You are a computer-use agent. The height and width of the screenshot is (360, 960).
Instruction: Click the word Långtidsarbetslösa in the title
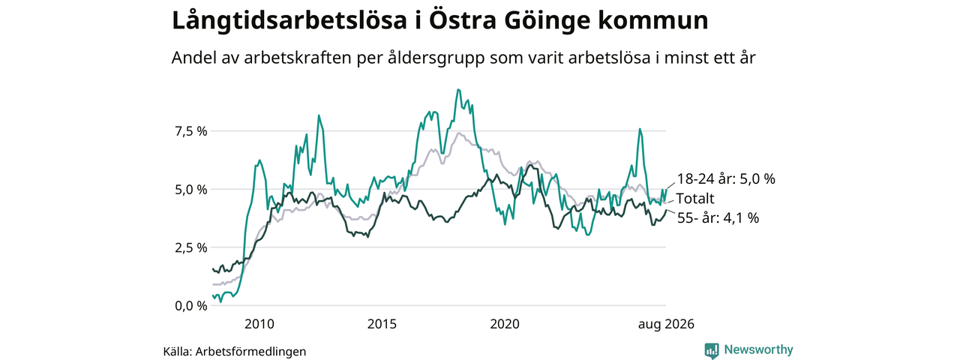(289, 21)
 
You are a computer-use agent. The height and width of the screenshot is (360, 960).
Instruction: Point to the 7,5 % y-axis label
(190, 131)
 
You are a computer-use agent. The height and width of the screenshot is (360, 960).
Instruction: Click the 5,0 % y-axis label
(190, 190)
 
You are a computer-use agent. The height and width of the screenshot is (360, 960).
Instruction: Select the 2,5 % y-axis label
(190, 247)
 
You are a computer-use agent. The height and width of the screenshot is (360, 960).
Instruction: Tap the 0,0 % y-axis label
(190, 306)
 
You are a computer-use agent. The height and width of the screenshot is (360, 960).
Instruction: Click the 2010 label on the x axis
(259, 324)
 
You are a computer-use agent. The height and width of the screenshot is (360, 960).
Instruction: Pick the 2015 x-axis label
(382, 324)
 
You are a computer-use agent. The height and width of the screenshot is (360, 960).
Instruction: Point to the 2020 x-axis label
(505, 324)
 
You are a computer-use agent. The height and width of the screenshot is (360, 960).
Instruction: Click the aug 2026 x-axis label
(666, 325)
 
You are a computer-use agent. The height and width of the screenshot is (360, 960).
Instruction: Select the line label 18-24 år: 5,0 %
(726, 179)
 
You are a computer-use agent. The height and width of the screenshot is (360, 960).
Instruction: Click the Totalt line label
(695, 199)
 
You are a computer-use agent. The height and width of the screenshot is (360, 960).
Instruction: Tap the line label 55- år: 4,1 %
(718, 218)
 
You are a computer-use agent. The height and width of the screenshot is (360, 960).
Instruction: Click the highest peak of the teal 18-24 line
(458, 89)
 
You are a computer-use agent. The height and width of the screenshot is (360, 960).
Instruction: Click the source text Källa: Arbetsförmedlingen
(235, 352)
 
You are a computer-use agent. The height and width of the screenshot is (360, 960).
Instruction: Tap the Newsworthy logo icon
(712, 350)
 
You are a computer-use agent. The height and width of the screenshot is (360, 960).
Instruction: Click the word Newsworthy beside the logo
(758, 349)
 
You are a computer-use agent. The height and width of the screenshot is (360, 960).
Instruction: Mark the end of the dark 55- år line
(666, 209)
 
